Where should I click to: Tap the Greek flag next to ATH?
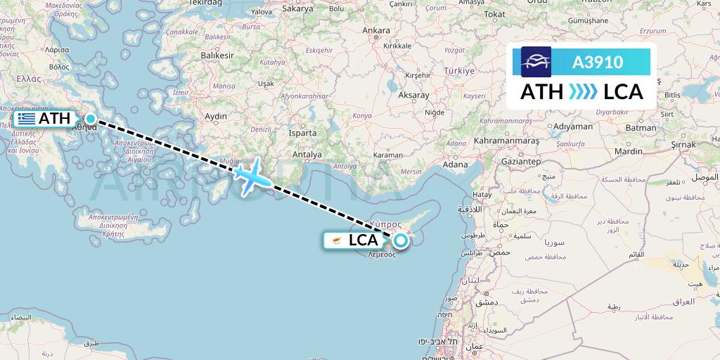27,119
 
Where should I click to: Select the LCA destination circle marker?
400,241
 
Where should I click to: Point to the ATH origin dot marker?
91,118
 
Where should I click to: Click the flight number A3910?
598,62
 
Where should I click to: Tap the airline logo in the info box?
536,62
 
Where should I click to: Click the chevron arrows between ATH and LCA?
582,92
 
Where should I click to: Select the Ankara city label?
375,31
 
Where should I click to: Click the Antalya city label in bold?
307,154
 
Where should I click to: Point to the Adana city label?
455,165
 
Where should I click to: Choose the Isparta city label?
302,132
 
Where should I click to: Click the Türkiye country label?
458,72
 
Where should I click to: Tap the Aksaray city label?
413,94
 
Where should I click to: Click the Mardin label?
628,151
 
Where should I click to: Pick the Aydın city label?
215,116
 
